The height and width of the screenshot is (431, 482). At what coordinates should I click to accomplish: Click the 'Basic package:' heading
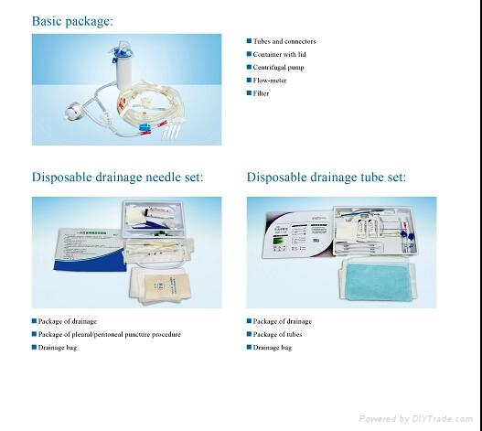click(73, 20)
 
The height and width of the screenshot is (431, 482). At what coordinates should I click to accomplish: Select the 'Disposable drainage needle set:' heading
click(118, 178)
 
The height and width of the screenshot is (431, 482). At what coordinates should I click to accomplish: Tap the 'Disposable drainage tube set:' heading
click(327, 178)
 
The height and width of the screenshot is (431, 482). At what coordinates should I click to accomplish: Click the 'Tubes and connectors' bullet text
click(285, 41)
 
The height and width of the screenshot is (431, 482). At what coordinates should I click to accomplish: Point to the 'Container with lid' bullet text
click(281, 54)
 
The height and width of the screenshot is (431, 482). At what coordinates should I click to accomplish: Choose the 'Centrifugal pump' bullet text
click(279, 67)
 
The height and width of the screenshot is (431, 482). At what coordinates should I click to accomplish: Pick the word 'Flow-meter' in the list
click(270, 80)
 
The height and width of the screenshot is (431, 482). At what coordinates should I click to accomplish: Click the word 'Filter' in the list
click(262, 93)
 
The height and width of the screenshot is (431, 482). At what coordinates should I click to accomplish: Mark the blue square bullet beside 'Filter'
click(248, 93)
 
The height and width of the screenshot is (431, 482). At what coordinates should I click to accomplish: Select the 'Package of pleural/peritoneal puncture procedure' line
click(110, 334)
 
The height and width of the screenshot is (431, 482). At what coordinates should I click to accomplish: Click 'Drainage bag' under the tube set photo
click(273, 348)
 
